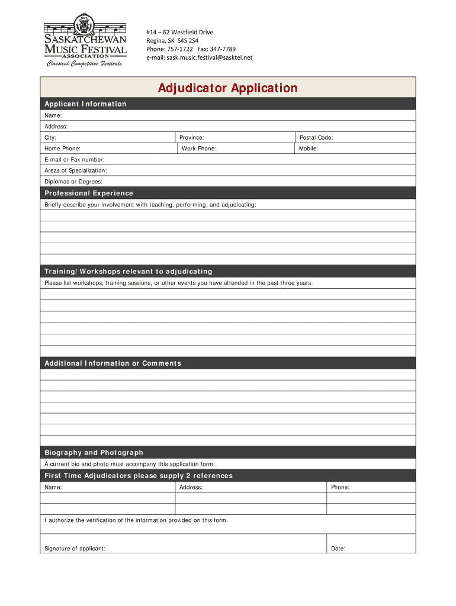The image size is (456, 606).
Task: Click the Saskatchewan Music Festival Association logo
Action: [x=85, y=43]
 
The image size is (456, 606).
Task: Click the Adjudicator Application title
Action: [x=227, y=88]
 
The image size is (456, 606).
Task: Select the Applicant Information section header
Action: [x=85, y=104]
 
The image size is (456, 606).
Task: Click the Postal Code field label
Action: [x=316, y=137]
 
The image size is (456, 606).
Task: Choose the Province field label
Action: [x=192, y=137]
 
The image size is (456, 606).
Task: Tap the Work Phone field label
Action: [x=199, y=149]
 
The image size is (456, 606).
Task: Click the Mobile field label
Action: [x=309, y=149]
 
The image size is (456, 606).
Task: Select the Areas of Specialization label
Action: [x=76, y=170]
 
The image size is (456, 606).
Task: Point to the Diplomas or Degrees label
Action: [x=73, y=182]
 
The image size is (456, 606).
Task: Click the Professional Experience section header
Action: [x=89, y=194]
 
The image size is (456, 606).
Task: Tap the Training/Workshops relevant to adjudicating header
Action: [x=128, y=272]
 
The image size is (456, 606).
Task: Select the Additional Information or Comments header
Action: [x=113, y=363]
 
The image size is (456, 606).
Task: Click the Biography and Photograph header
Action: [x=94, y=453]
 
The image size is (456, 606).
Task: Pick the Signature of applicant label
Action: [x=75, y=549]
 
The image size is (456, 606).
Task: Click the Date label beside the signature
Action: [x=338, y=549]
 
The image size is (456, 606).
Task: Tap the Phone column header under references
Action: [x=340, y=487]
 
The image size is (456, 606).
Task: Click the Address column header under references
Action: [x=191, y=487]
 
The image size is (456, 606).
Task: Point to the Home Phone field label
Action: [x=63, y=149]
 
